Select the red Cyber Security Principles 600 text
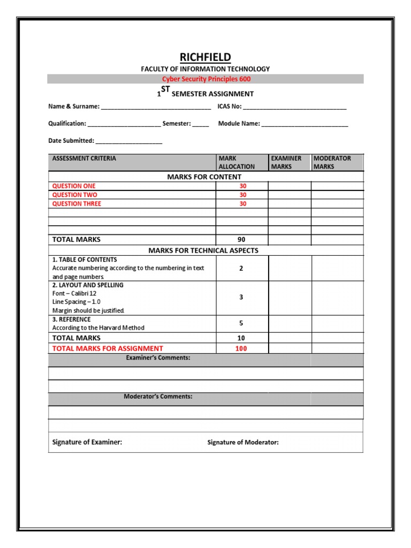(x=206, y=79)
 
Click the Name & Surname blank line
(x=156, y=107)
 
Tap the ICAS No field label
(x=230, y=106)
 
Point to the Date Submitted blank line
(x=129, y=141)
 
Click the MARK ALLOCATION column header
(x=237, y=163)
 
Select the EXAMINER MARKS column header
(x=286, y=163)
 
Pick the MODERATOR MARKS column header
(x=332, y=163)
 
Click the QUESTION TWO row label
(x=75, y=195)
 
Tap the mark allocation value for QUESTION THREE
(x=243, y=204)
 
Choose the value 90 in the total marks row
(x=241, y=240)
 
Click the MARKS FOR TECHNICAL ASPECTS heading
(x=203, y=250)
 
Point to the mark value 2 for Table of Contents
(x=241, y=269)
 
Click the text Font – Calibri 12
(x=74, y=294)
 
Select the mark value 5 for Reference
(x=241, y=323)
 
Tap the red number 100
(x=241, y=348)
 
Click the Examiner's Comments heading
(x=158, y=357)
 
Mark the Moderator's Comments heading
(x=158, y=397)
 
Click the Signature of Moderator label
(x=243, y=443)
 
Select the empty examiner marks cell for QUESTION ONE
(x=290, y=186)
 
